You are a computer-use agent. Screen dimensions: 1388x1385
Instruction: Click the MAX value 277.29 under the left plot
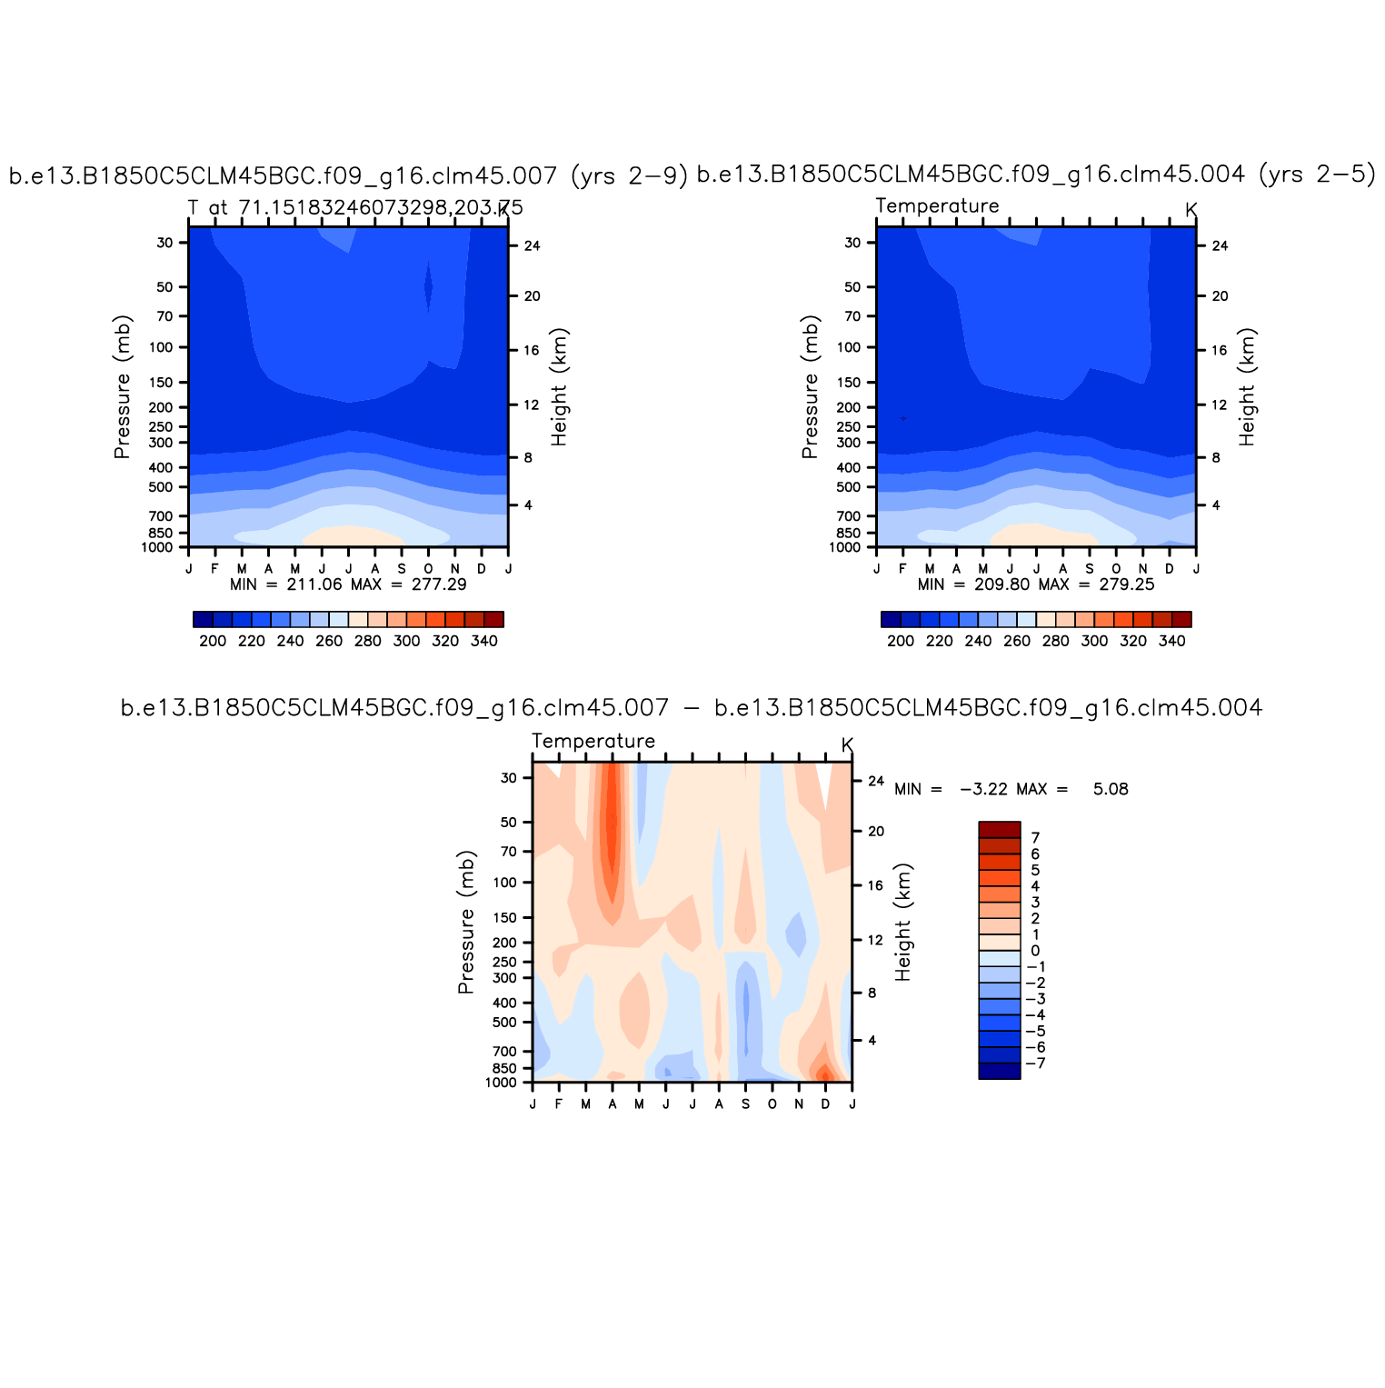tap(439, 584)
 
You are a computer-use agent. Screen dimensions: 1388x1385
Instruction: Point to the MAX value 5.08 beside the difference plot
tap(1111, 789)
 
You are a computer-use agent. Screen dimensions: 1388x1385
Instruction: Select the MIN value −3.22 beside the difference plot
tap(983, 789)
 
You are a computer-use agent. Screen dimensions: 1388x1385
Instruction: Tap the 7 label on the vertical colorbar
tap(1035, 838)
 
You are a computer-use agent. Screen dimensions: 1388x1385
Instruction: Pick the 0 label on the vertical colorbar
tap(1035, 951)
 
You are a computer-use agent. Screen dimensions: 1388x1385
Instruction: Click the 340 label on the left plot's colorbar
tap(484, 641)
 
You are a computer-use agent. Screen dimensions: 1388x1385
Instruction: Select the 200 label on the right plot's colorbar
tap(901, 641)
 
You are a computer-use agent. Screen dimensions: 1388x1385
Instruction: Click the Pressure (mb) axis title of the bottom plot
tap(466, 923)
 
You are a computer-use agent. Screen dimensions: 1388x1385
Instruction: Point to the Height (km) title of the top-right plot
tap(1247, 387)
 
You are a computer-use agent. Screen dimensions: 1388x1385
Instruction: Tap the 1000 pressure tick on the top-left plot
tap(156, 547)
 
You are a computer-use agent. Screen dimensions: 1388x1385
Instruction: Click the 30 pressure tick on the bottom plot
tap(509, 778)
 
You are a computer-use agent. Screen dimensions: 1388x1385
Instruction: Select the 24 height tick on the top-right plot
tap(1220, 245)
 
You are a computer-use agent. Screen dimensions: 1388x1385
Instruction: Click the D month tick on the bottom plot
tap(825, 1104)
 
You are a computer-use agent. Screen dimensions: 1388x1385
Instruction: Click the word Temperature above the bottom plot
tap(593, 742)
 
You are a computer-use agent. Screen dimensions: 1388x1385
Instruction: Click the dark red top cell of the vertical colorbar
tap(999, 830)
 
